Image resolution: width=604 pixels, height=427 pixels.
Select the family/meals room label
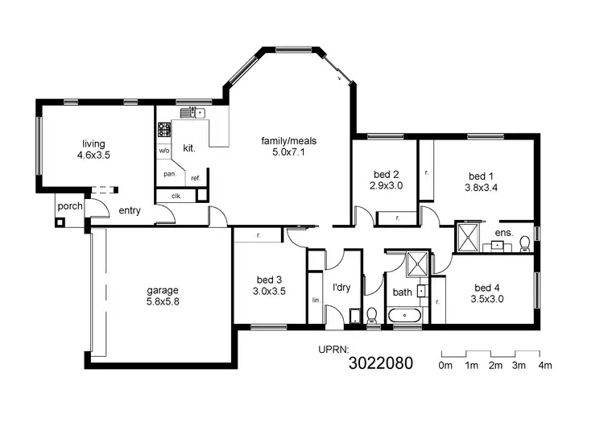(x=288, y=141)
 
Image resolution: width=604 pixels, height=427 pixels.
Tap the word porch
(x=70, y=206)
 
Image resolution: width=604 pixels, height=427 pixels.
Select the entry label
(x=130, y=211)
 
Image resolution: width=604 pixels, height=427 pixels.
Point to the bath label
(x=402, y=292)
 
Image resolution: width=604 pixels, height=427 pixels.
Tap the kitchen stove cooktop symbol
(x=164, y=127)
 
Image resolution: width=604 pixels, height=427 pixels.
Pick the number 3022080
(x=380, y=363)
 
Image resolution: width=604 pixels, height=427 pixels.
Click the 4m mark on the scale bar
(x=545, y=366)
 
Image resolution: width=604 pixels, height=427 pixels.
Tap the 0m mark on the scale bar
(x=445, y=366)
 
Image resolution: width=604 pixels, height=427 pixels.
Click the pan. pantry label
(x=170, y=173)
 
